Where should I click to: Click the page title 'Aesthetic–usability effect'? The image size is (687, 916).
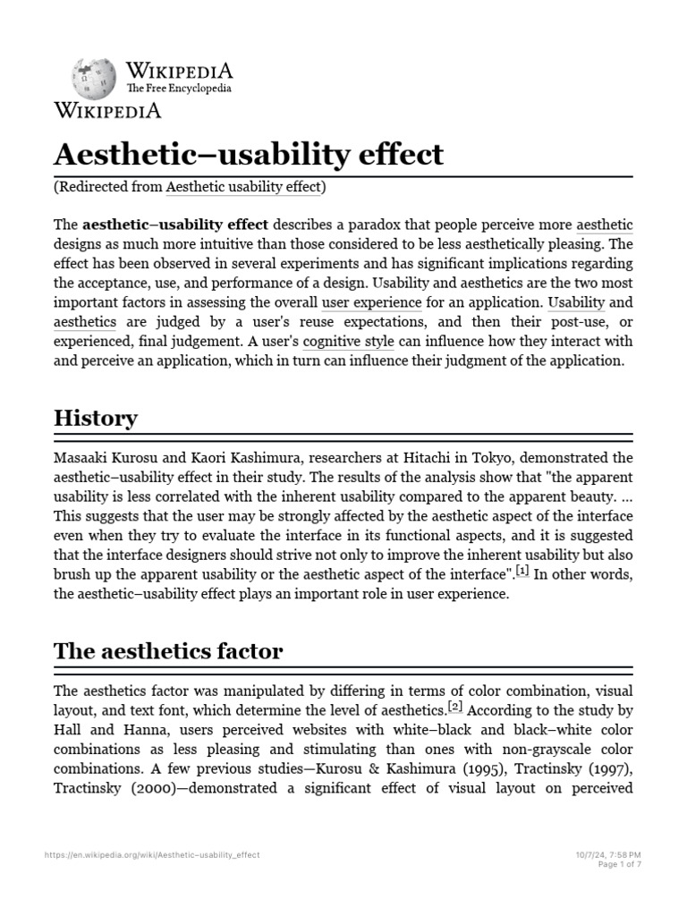coord(249,155)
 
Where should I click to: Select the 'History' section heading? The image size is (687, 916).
coord(96,418)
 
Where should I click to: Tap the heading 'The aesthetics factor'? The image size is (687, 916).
coord(168,651)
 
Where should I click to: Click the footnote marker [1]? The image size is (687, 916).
coord(523,570)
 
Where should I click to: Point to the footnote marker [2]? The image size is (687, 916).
coord(454,707)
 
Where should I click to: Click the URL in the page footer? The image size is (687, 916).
coord(152,855)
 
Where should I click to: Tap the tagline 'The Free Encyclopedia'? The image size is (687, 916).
coord(179,89)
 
